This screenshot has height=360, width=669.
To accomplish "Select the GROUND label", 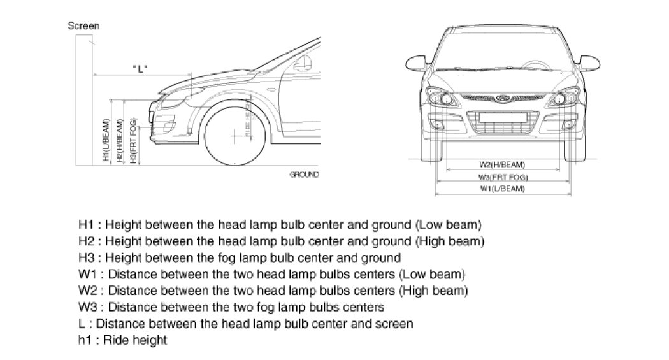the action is [304, 174].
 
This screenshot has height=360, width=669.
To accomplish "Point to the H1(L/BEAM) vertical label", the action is [106, 141].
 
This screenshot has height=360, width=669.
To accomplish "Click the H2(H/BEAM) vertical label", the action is [119, 141].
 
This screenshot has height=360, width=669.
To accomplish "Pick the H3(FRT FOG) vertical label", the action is [133, 141].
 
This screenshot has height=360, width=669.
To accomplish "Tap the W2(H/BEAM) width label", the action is [503, 164].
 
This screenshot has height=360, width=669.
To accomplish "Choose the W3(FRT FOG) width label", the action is [503, 176].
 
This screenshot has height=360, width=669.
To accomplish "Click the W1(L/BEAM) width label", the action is [503, 189].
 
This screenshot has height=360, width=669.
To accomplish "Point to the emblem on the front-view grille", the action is [503, 97].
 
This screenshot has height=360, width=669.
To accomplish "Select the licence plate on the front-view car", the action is [503, 116].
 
